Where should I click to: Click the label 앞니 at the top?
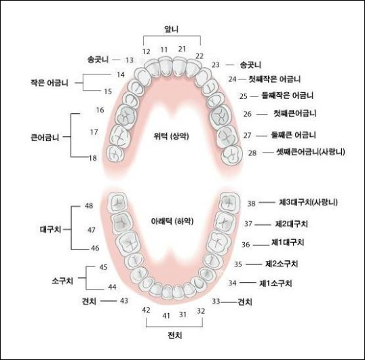point(172,29)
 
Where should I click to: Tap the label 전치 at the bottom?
point(175,335)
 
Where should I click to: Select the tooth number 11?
point(164,49)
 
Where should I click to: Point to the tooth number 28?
point(252,153)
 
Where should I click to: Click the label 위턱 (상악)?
point(171,136)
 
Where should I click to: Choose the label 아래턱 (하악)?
point(172,221)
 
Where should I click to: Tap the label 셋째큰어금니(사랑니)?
point(311,152)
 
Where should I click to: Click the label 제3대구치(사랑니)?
point(308,202)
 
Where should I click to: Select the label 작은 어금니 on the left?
point(50,83)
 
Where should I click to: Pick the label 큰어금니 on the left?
point(45,137)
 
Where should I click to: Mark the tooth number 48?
point(89,205)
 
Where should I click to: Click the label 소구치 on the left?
point(62,281)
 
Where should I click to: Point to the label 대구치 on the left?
point(50,230)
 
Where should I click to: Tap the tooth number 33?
point(216,301)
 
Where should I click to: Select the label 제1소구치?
point(275,283)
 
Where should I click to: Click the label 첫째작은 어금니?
point(275,79)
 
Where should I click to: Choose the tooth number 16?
point(100,110)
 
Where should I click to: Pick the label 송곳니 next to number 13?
point(98,60)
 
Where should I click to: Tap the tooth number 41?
point(166,316)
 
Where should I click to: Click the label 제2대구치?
point(292,224)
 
